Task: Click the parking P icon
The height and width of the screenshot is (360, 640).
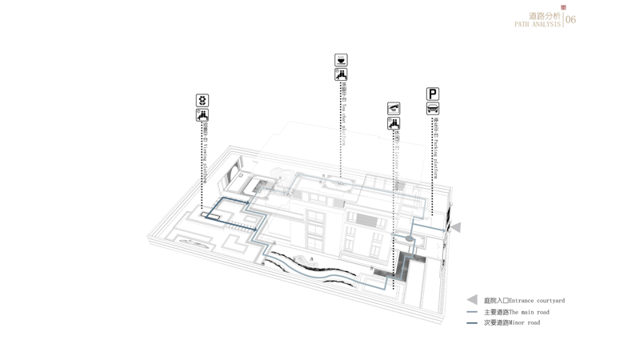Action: [x=432, y=94]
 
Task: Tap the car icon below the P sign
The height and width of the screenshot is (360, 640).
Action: [x=432, y=109]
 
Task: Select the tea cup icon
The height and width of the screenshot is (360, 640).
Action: [x=341, y=60]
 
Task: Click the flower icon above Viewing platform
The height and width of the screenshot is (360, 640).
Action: [x=202, y=101]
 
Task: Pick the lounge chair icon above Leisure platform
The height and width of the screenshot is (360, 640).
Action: [x=393, y=108]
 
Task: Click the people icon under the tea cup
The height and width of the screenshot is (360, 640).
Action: [x=341, y=75]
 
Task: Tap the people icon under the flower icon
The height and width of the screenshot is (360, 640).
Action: [x=202, y=116]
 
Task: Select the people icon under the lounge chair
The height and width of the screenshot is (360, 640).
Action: [x=393, y=123]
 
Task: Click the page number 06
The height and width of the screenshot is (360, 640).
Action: [x=570, y=20]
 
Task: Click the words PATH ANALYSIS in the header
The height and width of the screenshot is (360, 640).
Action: [x=538, y=25]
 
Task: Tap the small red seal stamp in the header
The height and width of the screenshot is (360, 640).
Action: [x=563, y=8]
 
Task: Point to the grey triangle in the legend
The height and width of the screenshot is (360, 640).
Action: [x=472, y=300]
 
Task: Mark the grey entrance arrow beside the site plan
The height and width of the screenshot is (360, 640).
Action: [x=455, y=228]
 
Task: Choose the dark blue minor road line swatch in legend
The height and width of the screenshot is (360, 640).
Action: [x=472, y=322]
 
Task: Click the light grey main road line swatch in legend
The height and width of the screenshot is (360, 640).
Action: [x=472, y=312]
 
